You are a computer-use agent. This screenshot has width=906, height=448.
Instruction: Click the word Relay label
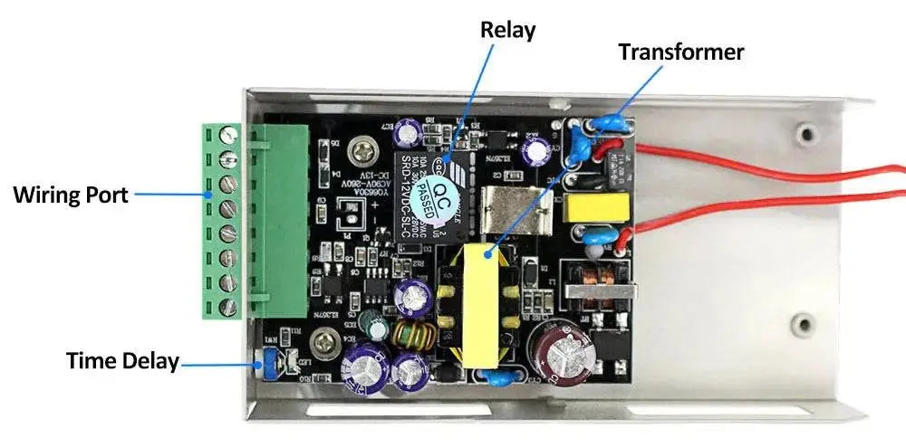click(x=507, y=30)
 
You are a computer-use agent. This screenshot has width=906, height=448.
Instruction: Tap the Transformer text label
click(x=680, y=52)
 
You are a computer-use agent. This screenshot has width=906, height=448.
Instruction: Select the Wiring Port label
click(x=70, y=194)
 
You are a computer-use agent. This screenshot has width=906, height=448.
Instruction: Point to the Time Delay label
click(x=121, y=361)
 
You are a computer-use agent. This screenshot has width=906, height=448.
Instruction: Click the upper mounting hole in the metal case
click(x=804, y=134)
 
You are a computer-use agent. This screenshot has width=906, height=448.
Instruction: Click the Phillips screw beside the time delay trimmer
click(x=323, y=342)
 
